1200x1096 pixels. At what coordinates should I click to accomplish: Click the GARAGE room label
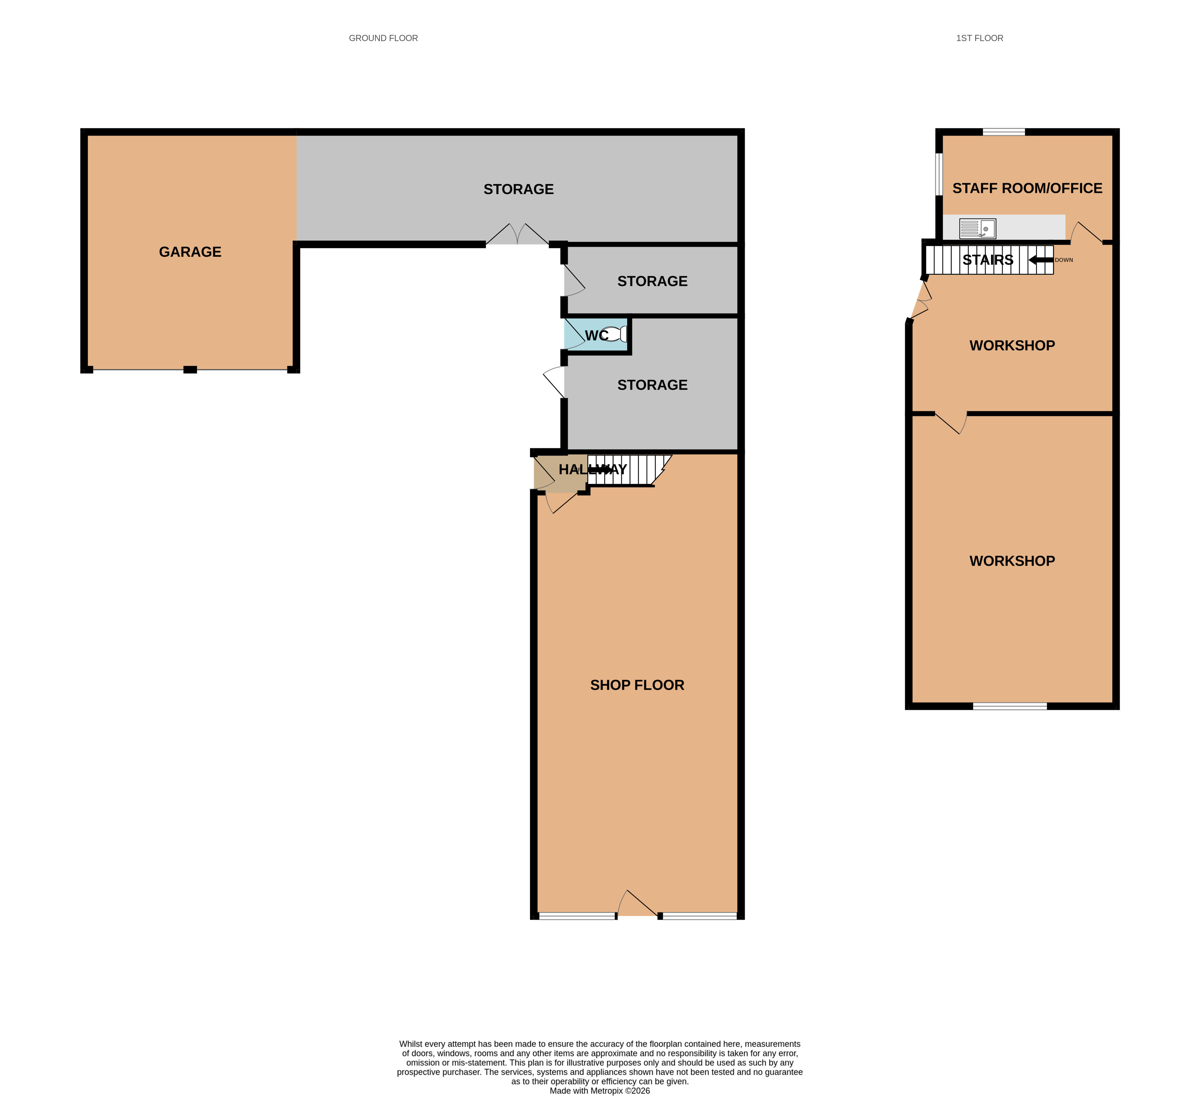pos(190,252)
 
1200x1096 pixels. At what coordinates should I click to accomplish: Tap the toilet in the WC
pos(614,334)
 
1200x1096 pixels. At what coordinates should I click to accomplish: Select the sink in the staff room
pos(977,229)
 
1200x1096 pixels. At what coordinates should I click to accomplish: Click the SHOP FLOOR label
pos(637,685)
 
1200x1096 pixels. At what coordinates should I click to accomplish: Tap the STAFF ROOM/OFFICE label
pos(1028,188)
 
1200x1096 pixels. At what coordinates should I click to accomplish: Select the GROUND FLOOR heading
pos(383,38)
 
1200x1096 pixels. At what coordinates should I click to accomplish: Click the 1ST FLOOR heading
pos(980,38)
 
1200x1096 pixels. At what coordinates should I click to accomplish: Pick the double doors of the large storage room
pos(517,234)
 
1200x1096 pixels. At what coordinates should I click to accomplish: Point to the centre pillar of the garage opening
pos(190,370)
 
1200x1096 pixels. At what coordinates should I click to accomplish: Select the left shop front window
pos(577,916)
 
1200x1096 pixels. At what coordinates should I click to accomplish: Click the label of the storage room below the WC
pos(653,385)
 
